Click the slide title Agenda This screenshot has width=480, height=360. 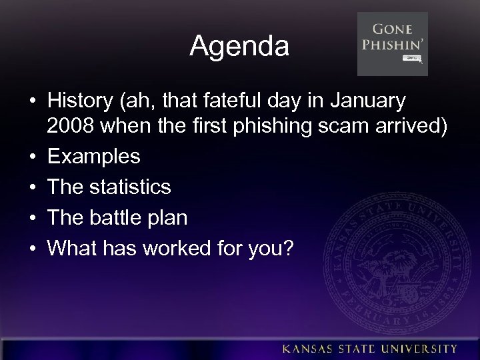point(239,47)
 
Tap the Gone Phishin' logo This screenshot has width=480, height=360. point(393,44)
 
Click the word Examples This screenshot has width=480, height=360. point(94,157)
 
